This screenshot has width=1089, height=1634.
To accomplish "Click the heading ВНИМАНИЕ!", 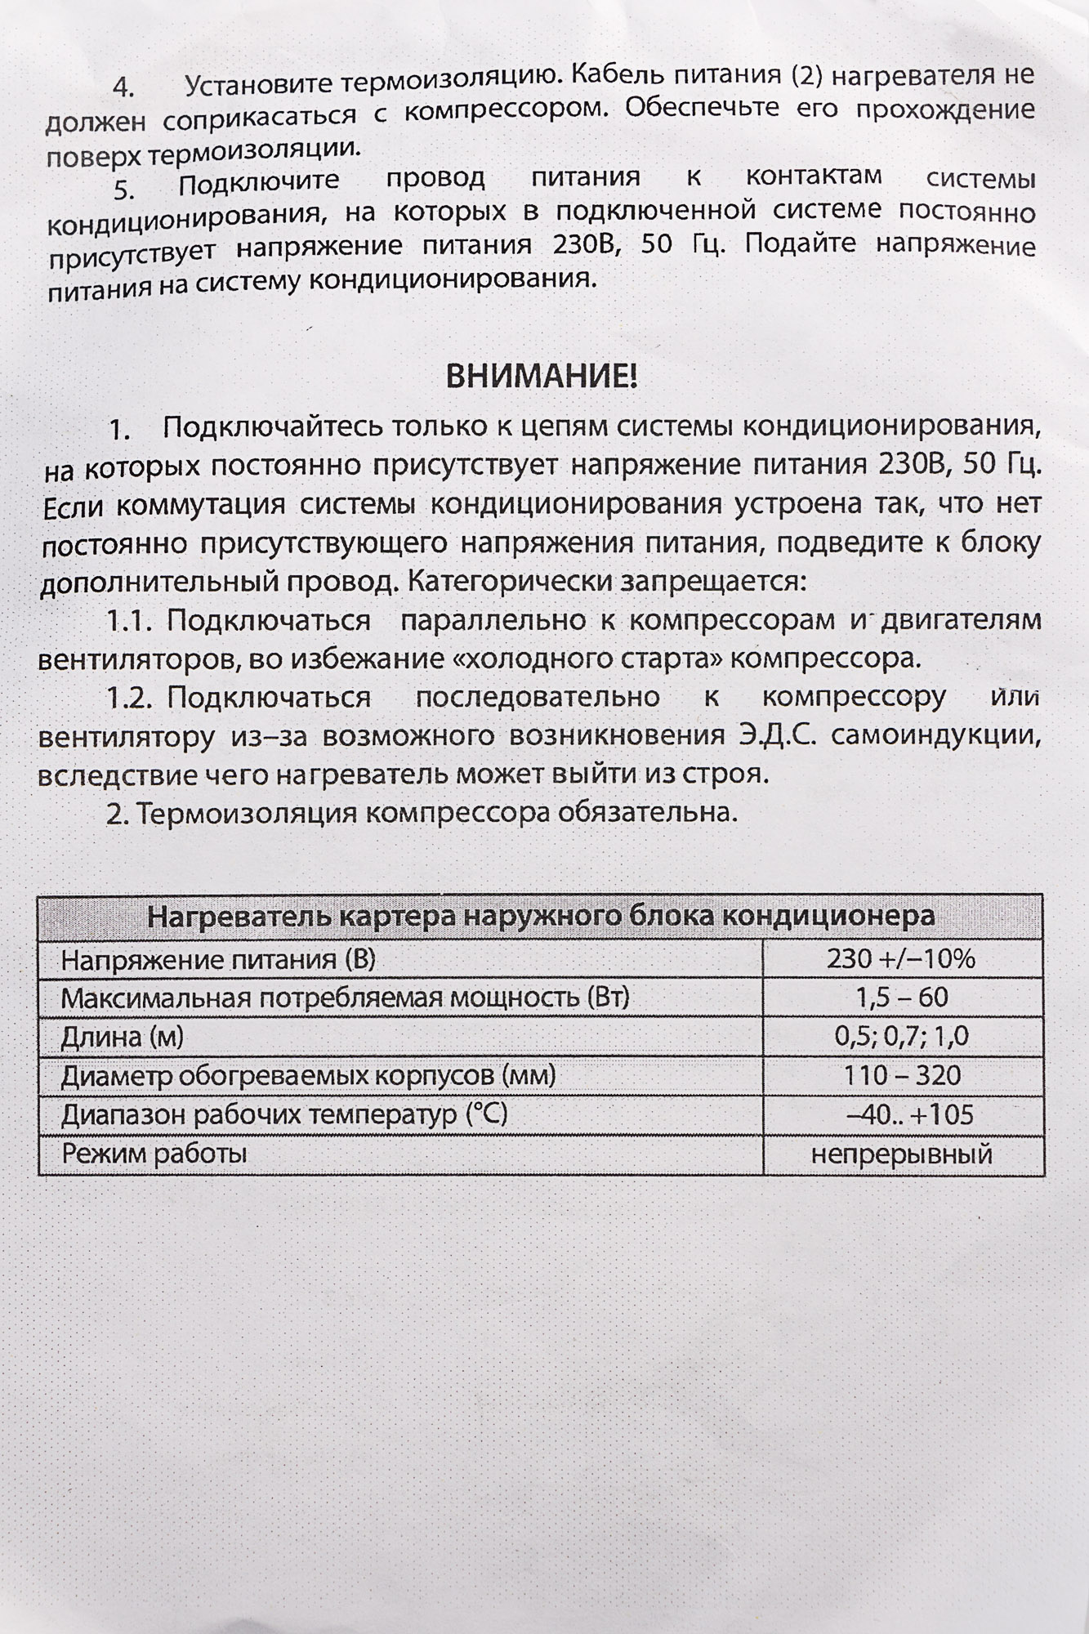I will pyautogui.click(x=541, y=377).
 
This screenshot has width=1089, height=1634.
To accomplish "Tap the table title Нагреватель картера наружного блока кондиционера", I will pyautogui.click(x=541, y=916).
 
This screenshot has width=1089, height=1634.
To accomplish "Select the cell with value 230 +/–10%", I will pyautogui.click(x=901, y=958).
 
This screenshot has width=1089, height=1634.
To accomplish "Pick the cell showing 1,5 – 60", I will pyautogui.click(x=901, y=998).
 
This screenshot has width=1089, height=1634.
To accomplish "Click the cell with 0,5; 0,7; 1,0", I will pyautogui.click(x=901, y=1037).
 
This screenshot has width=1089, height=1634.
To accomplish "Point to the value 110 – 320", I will pyautogui.click(x=901, y=1075).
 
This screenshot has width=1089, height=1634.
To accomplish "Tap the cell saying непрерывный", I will pyautogui.click(x=901, y=1154).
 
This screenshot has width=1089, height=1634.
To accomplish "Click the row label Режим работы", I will pyautogui.click(x=154, y=1154).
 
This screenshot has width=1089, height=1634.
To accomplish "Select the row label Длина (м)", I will pyautogui.click(x=123, y=1037).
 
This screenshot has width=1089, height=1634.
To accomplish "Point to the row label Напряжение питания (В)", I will pyautogui.click(x=218, y=959).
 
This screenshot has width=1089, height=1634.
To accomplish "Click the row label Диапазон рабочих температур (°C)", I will pyautogui.click(x=284, y=1114).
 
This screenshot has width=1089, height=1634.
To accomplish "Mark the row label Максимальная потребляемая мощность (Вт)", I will pyautogui.click(x=345, y=998).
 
